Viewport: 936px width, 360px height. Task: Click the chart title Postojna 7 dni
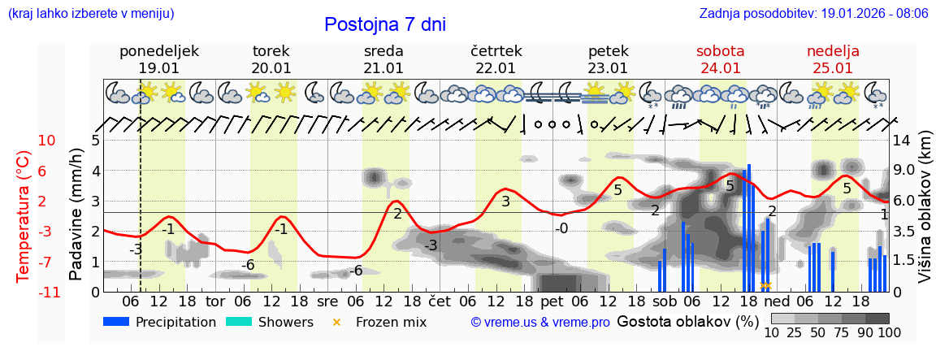click(384, 24)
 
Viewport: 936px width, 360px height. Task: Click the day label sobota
click(721, 51)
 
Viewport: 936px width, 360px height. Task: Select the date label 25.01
click(832, 68)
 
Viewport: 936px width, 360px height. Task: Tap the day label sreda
click(383, 51)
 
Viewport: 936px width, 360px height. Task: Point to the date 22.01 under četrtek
click(496, 68)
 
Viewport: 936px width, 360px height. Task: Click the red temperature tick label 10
click(46, 141)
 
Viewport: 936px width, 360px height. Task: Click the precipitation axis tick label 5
click(95, 141)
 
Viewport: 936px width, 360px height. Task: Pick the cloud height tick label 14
click(903, 141)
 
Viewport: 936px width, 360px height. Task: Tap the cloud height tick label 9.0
click(905, 171)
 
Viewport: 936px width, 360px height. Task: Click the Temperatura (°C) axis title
click(24, 215)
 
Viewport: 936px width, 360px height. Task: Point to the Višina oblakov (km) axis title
click(925, 215)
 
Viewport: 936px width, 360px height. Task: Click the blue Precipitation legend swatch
click(117, 322)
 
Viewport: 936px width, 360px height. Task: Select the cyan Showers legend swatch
click(239, 322)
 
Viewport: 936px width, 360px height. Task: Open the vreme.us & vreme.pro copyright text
click(540, 323)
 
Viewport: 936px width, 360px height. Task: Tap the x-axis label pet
click(552, 301)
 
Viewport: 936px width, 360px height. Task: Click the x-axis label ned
click(778, 301)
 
